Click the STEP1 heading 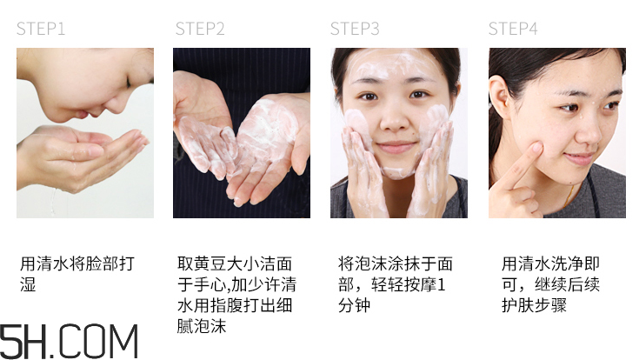[41, 29]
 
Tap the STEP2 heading [200, 29]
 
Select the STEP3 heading [355, 29]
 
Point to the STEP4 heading [513, 29]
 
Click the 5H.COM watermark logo [70, 340]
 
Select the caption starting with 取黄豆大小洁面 [234, 296]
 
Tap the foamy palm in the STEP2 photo [261, 139]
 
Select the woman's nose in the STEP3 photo [396, 122]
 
